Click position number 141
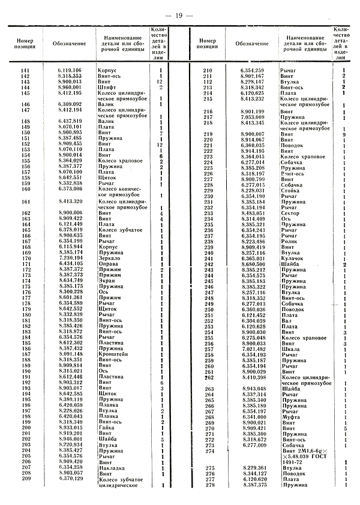click(x=25, y=71)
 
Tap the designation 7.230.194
click(x=71, y=257)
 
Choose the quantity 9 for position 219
click(x=344, y=134)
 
